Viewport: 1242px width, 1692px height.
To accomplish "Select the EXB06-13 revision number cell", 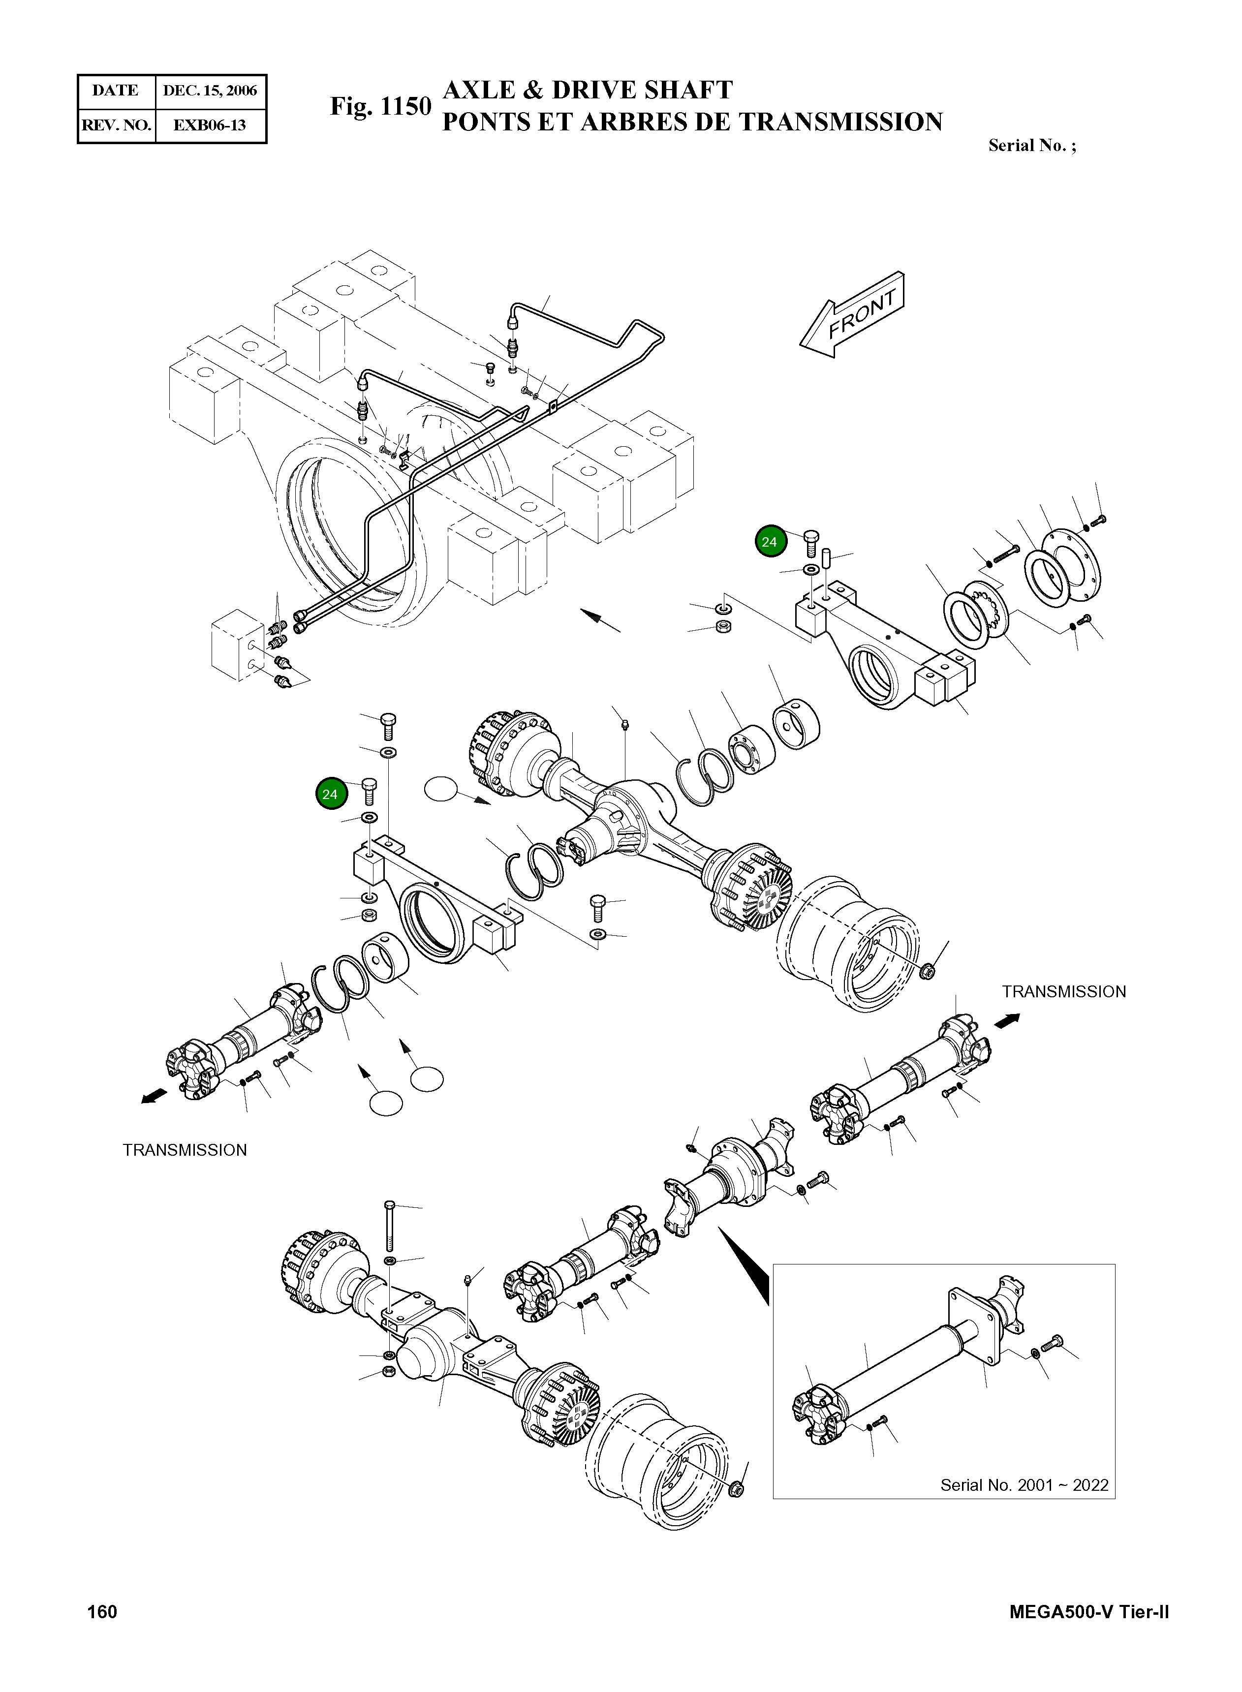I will pyautogui.click(x=210, y=125).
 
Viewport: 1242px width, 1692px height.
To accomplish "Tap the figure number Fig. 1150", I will pyautogui.click(x=380, y=107).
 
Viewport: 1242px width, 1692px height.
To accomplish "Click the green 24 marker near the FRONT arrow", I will pyautogui.click(x=770, y=541).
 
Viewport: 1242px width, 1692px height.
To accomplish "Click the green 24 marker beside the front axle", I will pyautogui.click(x=330, y=794).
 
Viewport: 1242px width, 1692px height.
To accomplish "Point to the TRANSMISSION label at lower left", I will pyautogui.click(x=185, y=1150).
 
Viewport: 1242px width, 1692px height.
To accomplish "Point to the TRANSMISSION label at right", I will pyautogui.click(x=1064, y=991).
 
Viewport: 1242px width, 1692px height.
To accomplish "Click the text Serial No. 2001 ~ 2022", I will pyautogui.click(x=1024, y=1484).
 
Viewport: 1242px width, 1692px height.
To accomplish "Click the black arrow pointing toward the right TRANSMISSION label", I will pyautogui.click(x=1007, y=1019).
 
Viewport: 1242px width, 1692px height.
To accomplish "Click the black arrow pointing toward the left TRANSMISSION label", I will pyautogui.click(x=154, y=1098).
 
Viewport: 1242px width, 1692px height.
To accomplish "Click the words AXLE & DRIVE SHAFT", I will pyautogui.click(x=587, y=90).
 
